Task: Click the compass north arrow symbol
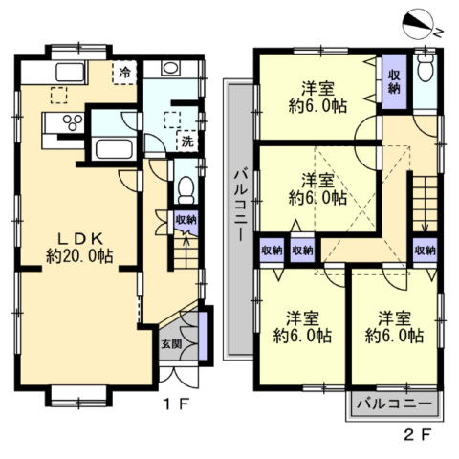tap(418, 26)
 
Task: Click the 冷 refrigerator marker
tap(124, 73)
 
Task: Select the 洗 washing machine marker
tap(187, 142)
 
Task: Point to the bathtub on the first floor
tap(114, 149)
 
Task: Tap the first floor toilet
tap(186, 190)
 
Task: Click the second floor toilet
tap(426, 69)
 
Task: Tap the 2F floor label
tap(418, 435)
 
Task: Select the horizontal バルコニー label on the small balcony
tap(394, 404)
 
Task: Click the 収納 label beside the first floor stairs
tap(186, 220)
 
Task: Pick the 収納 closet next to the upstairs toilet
tap(394, 82)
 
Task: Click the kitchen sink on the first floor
tap(70, 73)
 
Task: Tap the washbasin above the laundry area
tap(170, 68)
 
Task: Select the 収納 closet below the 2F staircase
tap(426, 251)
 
